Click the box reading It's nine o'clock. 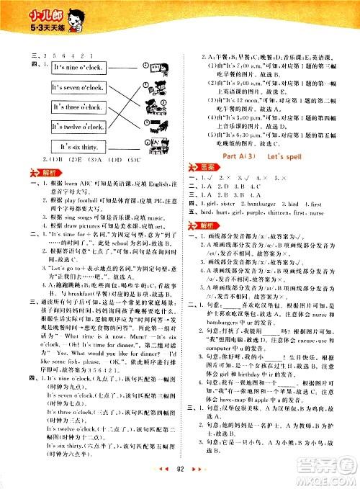coord(79,68)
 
